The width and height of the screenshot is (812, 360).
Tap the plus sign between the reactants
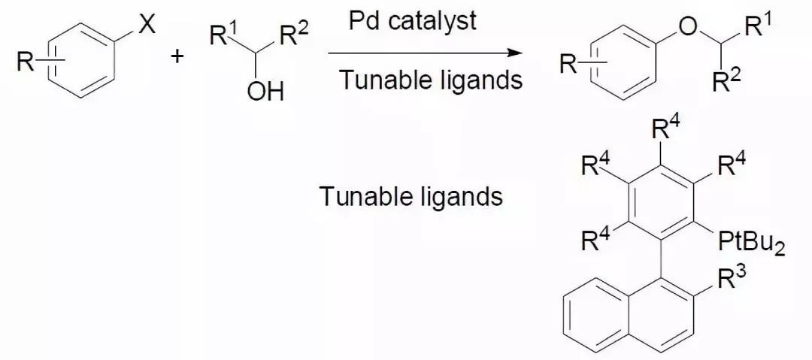click(x=178, y=59)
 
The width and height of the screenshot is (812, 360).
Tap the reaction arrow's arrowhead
click(x=515, y=53)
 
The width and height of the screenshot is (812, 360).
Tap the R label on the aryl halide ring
click(x=26, y=63)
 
